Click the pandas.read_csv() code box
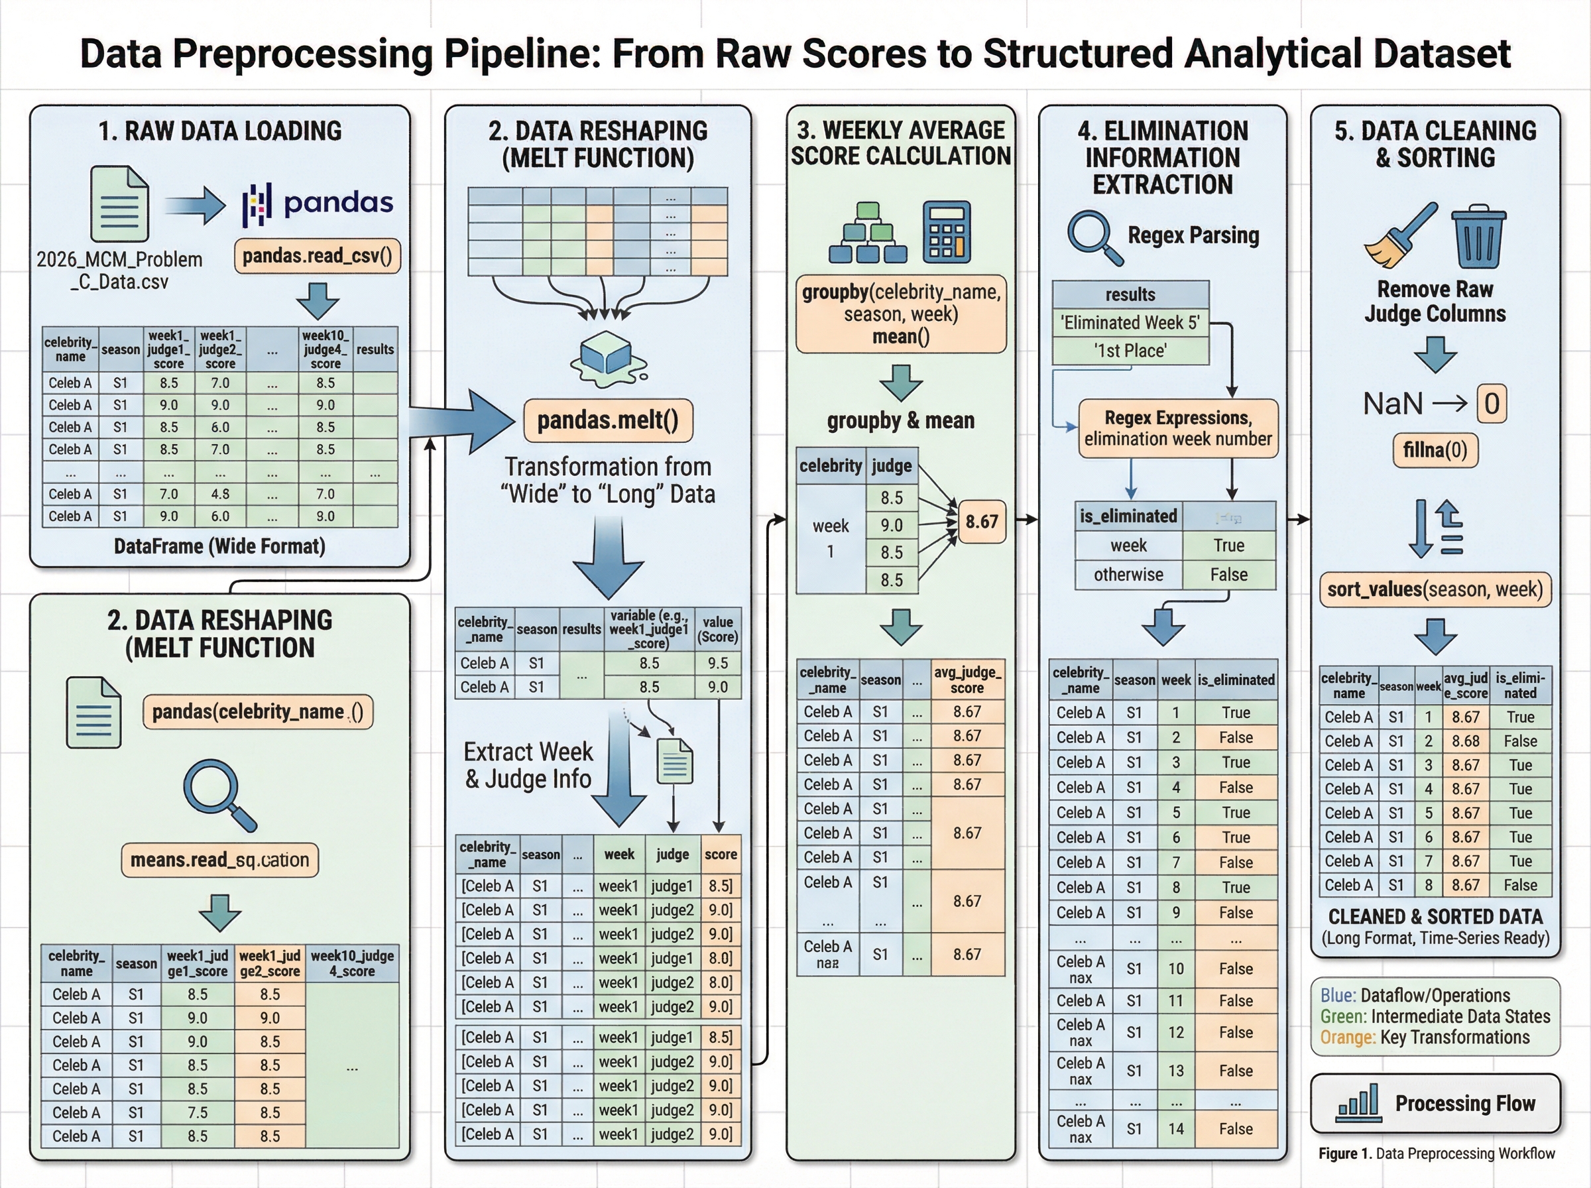(317, 256)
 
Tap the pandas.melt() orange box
(607, 420)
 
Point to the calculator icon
(946, 232)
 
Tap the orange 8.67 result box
(981, 521)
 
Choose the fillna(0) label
(1435, 450)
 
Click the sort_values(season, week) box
(1435, 589)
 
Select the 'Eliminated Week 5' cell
(1131, 323)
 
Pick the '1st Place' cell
(1131, 351)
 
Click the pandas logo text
(339, 203)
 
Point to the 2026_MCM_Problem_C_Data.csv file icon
(119, 204)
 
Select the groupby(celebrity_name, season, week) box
(901, 314)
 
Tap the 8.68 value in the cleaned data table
(1465, 741)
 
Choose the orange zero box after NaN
(1492, 404)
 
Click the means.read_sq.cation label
(219, 860)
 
